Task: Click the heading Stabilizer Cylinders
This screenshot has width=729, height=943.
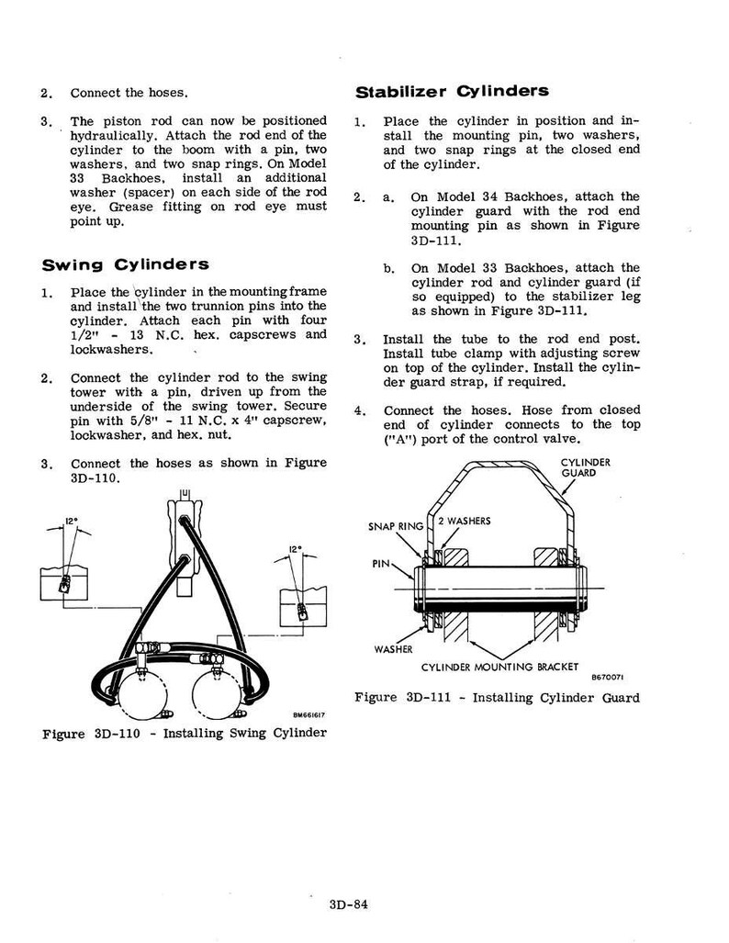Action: (x=452, y=92)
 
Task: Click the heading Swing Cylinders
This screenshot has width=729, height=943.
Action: (x=125, y=265)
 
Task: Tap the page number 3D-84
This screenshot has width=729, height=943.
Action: (x=348, y=904)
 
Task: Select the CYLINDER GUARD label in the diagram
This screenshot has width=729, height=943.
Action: (x=585, y=467)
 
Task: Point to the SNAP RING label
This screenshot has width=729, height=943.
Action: (x=396, y=527)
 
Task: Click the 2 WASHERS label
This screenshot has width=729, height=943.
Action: (x=465, y=522)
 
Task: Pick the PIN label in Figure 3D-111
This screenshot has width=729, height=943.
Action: (x=381, y=564)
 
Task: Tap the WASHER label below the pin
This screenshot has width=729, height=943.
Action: (x=393, y=649)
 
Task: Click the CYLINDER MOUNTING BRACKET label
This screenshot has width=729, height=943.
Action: (x=499, y=667)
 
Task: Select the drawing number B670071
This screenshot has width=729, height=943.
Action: (x=608, y=678)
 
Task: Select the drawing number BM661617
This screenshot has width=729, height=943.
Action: (x=308, y=715)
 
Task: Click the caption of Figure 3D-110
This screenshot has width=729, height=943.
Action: (x=185, y=734)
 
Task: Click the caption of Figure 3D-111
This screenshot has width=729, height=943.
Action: (x=497, y=698)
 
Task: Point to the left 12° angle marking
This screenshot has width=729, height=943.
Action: (x=71, y=521)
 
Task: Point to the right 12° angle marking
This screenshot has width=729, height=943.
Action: (x=296, y=549)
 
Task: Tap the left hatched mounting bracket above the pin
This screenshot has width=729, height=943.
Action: (x=456, y=557)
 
